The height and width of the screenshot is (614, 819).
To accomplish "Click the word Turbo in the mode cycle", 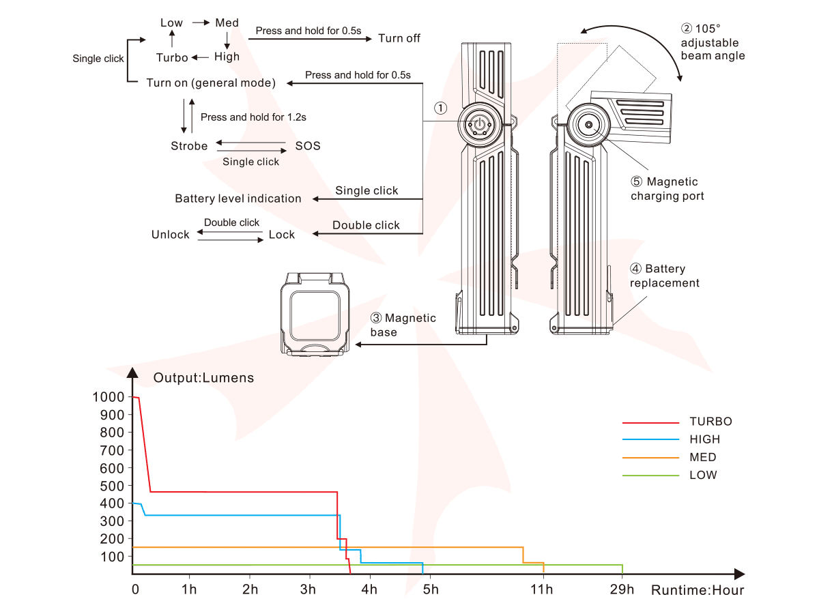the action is (172, 57).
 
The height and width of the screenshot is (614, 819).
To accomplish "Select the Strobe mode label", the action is (189, 146).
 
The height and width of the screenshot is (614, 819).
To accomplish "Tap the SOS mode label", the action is (308, 146).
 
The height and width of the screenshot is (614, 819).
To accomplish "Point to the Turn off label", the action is (399, 38).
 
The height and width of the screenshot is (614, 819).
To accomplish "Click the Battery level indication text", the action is (238, 199).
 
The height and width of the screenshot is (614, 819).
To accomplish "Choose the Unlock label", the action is (170, 235).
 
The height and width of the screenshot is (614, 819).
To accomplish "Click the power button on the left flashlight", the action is (480, 125).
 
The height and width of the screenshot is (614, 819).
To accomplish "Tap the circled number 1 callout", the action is (441, 108).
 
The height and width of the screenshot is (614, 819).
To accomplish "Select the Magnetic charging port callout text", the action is (667, 189).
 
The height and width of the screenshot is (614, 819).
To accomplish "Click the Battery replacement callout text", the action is (665, 276).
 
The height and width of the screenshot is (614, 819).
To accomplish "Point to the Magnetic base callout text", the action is (403, 325).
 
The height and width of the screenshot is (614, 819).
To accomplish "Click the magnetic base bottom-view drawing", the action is (315, 314).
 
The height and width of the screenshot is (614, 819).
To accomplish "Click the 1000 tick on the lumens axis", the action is (109, 397).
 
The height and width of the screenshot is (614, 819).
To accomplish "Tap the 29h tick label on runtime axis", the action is (622, 589).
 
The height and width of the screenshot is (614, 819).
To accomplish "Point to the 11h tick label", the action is (542, 589).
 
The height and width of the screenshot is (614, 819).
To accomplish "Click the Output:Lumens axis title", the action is (203, 378).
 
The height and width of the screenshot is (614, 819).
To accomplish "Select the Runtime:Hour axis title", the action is (698, 590).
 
